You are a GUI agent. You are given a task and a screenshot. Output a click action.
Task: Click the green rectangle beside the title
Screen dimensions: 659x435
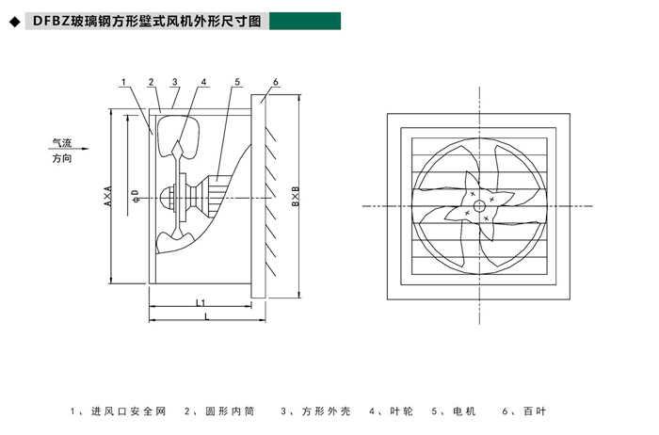tap(305, 21)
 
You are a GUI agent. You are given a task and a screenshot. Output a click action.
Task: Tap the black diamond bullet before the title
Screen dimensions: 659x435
tap(15, 22)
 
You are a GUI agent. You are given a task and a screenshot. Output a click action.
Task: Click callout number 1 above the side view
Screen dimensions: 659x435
tap(123, 82)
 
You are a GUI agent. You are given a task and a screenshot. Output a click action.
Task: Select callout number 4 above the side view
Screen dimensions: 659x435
tap(204, 82)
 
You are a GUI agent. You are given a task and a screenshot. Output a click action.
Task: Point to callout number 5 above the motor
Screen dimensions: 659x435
tap(237, 82)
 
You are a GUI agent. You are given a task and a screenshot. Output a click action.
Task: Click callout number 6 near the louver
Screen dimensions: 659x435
tap(276, 82)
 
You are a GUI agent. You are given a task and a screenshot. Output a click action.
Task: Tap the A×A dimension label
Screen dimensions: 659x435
tap(108, 196)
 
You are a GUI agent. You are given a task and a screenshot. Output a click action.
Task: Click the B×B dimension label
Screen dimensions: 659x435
tap(296, 196)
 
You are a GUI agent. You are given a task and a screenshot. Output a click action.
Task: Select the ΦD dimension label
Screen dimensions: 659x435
tap(136, 196)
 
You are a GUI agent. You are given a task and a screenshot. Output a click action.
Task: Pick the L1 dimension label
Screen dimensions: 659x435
tap(201, 302)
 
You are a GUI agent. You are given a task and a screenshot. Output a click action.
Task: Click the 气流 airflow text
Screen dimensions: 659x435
tap(62, 143)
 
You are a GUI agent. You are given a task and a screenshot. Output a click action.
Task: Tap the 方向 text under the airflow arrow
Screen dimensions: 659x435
tap(62, 158)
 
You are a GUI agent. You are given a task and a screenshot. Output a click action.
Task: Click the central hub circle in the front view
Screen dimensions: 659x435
tap(479, 206)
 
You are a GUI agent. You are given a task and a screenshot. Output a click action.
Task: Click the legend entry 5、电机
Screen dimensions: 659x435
tap(454, 411)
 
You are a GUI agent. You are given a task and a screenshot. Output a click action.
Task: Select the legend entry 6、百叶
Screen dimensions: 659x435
tap(524, 411)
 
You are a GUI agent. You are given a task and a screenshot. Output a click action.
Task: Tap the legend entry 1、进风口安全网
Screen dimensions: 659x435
tap(118, 411)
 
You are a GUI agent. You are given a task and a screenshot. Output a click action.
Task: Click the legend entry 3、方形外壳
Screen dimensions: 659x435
tap(316, 411)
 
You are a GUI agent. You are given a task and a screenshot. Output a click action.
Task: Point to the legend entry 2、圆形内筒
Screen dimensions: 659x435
tap(219, 411)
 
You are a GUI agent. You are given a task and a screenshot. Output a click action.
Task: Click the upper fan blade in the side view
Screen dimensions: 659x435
tap(179, 137)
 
